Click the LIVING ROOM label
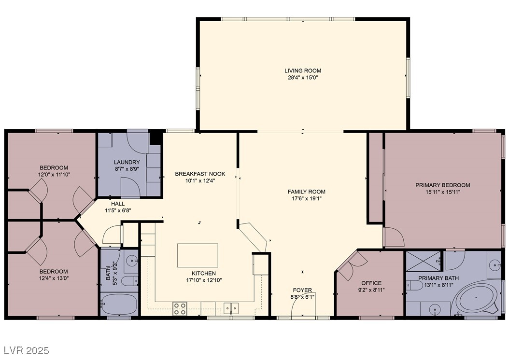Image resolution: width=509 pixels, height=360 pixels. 303,70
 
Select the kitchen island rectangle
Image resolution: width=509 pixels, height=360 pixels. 198,255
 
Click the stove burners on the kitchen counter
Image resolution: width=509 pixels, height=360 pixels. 180,309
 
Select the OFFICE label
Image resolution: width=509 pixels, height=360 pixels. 371,283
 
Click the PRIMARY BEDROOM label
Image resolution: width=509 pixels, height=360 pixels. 443,185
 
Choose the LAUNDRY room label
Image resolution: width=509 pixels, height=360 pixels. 127,162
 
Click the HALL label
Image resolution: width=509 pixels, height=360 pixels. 118,204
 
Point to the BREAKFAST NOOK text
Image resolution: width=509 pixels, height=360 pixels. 200,174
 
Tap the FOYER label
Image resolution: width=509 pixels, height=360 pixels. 302,290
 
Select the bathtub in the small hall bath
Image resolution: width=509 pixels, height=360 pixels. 119,304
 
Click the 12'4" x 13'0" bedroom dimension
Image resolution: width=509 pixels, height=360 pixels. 54,278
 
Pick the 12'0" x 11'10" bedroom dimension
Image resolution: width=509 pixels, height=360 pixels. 54,175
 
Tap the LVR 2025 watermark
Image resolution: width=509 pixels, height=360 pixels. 27,350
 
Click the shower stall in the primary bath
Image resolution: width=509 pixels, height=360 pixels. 424,261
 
